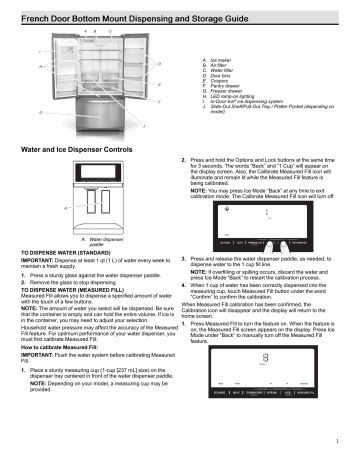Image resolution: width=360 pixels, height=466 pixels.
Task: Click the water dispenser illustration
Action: (x=91, y=205)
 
